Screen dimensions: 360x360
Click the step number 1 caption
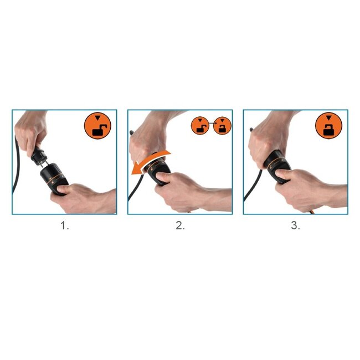click(65, 226)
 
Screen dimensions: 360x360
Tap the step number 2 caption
click(180, 226)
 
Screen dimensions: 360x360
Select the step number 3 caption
click(295, 226)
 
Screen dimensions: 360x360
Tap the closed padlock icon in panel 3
click(329, 126)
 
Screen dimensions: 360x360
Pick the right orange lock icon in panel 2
click(222, 126)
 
